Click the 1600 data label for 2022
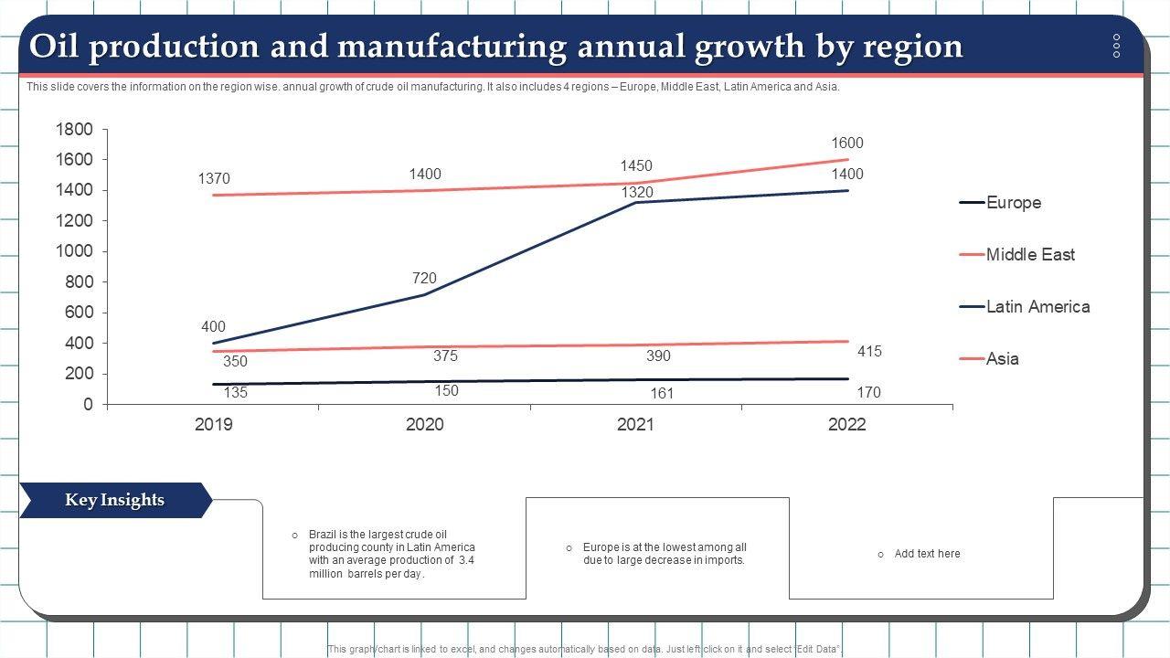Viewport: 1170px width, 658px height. coord(846,143)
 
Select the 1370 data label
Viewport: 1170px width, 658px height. coord(214,179)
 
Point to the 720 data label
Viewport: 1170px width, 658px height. coord(424,279)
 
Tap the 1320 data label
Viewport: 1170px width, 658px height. coord(637,193)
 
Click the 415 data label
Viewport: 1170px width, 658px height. coord(869,352)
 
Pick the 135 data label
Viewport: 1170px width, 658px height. coord(236,393)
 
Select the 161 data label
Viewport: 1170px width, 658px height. coord(662,394)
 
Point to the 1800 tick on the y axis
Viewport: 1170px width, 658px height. coord(74,130)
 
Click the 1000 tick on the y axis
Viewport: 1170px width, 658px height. coord(74,251)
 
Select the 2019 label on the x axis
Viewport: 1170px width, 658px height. coord(214,425)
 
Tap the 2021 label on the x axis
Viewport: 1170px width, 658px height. coord(635,425)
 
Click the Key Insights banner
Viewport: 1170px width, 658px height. coord(114,500)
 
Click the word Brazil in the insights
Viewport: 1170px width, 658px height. coord(324,535)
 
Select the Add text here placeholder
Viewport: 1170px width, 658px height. coord(927,554)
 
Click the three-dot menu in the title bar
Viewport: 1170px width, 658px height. coord(1116,46)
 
